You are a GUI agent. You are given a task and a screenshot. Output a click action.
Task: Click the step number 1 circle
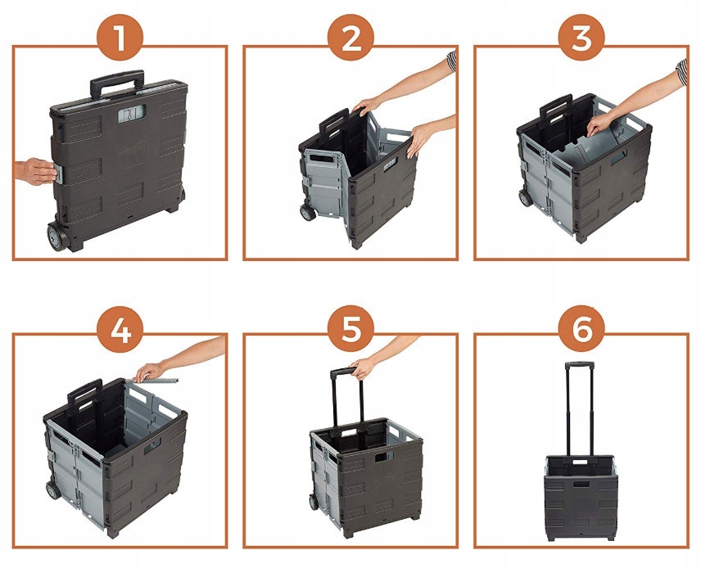(x=120, y=38)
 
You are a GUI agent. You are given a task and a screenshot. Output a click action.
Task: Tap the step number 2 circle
(x=350, y=38)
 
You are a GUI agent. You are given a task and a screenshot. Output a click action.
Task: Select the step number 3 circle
(x=581, y=38)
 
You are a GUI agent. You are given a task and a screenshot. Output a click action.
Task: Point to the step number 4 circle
(x=120, y=329)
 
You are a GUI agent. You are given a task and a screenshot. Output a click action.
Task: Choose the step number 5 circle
(x=350, y=329)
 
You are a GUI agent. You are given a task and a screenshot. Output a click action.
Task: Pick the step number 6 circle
(x=581, y=329)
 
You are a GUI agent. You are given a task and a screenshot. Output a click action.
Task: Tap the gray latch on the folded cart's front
(x=132, y=114)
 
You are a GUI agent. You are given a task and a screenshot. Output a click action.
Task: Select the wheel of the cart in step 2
(x=308, y=213)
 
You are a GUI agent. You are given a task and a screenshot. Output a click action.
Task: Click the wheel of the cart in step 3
(x=525, y=197)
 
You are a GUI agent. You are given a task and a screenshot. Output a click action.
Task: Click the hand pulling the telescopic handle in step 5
(x=363, y=367)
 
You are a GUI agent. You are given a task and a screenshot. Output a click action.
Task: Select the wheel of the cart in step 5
(x=314, y=501)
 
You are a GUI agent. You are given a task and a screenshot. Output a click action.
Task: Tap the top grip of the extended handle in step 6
(x=580, y=365)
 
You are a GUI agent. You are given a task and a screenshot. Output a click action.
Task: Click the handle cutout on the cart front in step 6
(x=581, y=484)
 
